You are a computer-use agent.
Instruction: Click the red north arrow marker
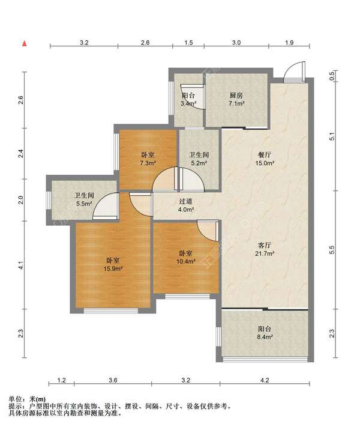pos(25,43)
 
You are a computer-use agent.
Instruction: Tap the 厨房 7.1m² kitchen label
pos(237,99)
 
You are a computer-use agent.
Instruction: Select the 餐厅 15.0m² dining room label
pos(265,159)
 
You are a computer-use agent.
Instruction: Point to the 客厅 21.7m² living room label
pos(265,249)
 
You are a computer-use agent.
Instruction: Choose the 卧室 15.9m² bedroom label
pos(113,264)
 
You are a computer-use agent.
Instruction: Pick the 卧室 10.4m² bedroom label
pos(186,257)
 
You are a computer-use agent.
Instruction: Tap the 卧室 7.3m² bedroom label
pos(148,159)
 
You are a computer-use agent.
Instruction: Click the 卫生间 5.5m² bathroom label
pos(84,199)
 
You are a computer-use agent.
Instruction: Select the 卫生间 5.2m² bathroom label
pos(199,159)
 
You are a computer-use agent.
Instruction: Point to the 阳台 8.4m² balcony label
pos(265,333)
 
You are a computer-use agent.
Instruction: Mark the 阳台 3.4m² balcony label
pos(188,100)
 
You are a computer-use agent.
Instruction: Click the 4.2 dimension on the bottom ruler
pos(265,380)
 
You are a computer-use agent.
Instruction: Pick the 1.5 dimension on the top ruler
pos(188,43)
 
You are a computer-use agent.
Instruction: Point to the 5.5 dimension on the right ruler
pos(332,250)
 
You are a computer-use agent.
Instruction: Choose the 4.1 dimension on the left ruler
pos(22,265)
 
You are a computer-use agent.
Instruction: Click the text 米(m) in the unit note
pos(37,399)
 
